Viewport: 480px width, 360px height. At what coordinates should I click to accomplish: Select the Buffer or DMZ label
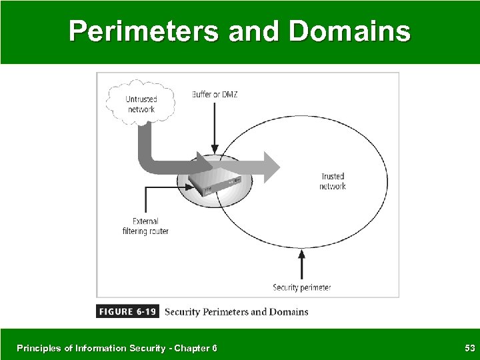coord(214,95)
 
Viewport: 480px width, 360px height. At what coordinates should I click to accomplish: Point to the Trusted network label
coord(332,181)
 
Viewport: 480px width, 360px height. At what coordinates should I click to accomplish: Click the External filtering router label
coord(145,227)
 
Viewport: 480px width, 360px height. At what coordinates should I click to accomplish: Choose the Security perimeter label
coord(301,288)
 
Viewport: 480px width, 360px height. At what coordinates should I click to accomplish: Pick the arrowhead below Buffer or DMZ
coord(214,147)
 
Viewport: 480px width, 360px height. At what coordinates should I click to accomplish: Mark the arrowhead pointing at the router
coord(193,188)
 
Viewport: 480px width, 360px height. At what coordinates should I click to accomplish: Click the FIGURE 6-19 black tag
coord(127,312)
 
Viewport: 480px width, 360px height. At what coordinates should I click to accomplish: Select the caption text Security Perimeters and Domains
coord(236,312)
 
